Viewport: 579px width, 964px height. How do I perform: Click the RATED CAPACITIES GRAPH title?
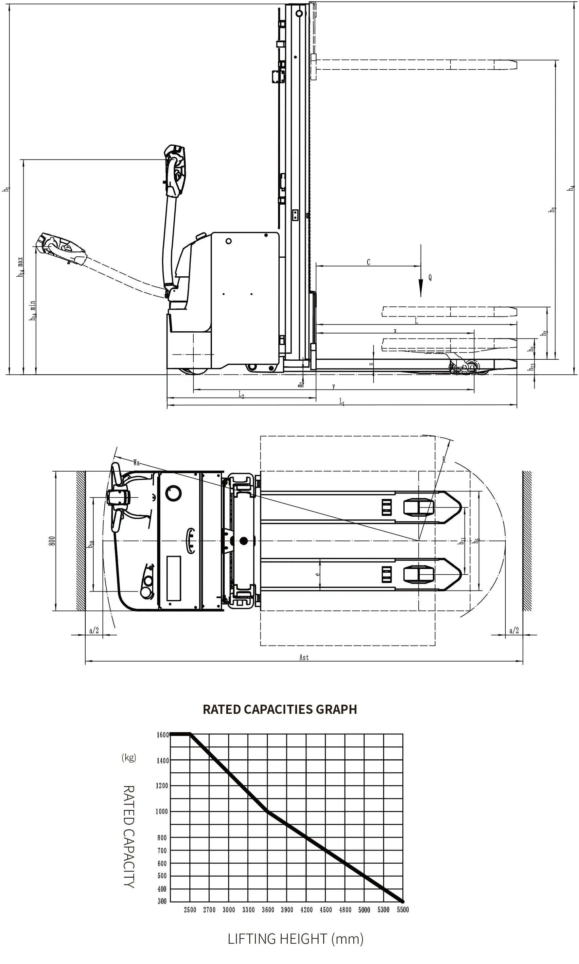click(x=280, y=709)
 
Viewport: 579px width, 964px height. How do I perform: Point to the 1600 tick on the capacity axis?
click(x=162, y=735)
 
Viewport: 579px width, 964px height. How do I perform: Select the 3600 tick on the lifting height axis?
click(x=268, y=910)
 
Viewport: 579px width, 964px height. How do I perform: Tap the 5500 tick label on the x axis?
click(x=403, y=910)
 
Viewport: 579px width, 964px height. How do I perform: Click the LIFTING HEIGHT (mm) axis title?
click(x=295, y=938)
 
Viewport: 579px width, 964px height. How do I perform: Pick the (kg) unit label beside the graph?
click(x=129, y=757)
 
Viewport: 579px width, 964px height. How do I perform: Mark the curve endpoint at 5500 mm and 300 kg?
click(x=402, y=902)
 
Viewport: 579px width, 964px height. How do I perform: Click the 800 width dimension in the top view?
click(x=52, y=541)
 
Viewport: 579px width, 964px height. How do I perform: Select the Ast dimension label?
click(x=304, y=658)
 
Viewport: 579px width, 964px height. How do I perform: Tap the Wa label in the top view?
click(x=136, y=463)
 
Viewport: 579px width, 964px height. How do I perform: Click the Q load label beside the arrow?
click(x=430, y=278)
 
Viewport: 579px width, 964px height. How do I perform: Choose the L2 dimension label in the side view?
click(x=241, y=395)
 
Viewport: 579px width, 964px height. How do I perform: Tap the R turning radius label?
click(x=444, y=460)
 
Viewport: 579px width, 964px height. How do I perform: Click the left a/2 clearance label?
click(x=94, y=630)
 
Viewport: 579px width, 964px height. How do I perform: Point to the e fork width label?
click(x=318, y=574)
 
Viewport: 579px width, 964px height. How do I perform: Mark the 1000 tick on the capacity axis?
click(x=162, y=812)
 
